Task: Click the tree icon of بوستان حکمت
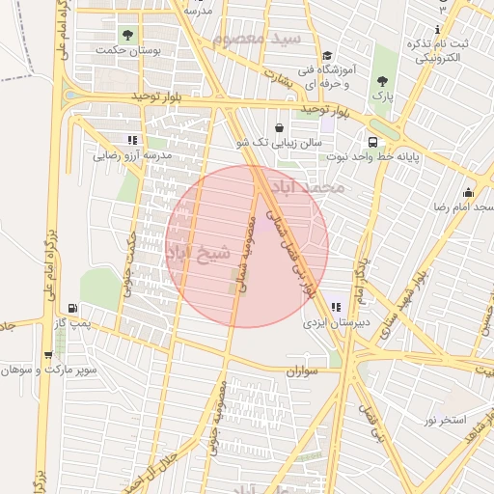127,35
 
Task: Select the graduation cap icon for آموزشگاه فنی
327,56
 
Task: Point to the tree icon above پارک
384,81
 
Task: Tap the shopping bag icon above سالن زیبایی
279,127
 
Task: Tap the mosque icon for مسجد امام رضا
468,192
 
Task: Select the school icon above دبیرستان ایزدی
335,306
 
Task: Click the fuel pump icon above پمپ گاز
73,309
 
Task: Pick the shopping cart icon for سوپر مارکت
47,354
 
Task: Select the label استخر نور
445,421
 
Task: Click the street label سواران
300,370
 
